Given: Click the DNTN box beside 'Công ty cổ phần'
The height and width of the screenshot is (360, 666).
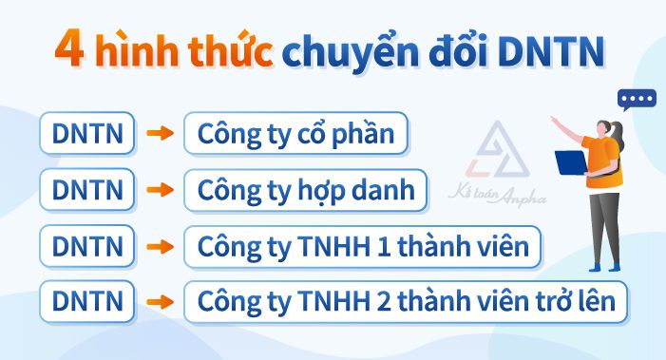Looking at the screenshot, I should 88,134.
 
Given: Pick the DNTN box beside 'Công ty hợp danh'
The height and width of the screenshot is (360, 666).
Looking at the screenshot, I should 88,190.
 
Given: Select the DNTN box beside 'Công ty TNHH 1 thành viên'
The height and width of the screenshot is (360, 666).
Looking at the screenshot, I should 88,246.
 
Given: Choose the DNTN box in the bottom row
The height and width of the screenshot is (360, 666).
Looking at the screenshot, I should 88,302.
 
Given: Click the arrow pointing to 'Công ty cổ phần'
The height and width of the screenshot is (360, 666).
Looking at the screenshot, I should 161,134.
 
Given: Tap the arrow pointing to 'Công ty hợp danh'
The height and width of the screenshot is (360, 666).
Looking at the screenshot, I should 161,190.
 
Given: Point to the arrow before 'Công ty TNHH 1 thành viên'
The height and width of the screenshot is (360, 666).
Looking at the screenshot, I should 161,246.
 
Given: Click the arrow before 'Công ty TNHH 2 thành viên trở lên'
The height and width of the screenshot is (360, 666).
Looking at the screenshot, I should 161,302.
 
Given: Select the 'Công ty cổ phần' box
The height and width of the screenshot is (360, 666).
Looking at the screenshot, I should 295,134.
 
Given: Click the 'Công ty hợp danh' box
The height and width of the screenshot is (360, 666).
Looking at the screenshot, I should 306,190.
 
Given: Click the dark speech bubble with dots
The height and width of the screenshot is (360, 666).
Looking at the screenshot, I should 637,99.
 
